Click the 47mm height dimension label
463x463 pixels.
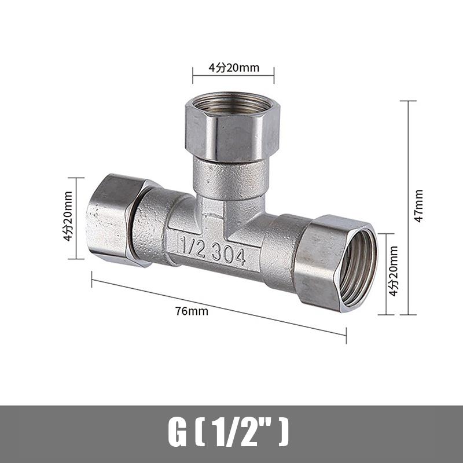419,205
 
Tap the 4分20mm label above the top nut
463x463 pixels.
233,68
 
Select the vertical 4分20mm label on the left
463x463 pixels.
68,217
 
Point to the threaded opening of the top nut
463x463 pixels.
233,105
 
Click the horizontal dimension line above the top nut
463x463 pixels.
233,75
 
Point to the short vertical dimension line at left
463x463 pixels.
76,217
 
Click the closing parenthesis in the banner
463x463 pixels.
284,433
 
